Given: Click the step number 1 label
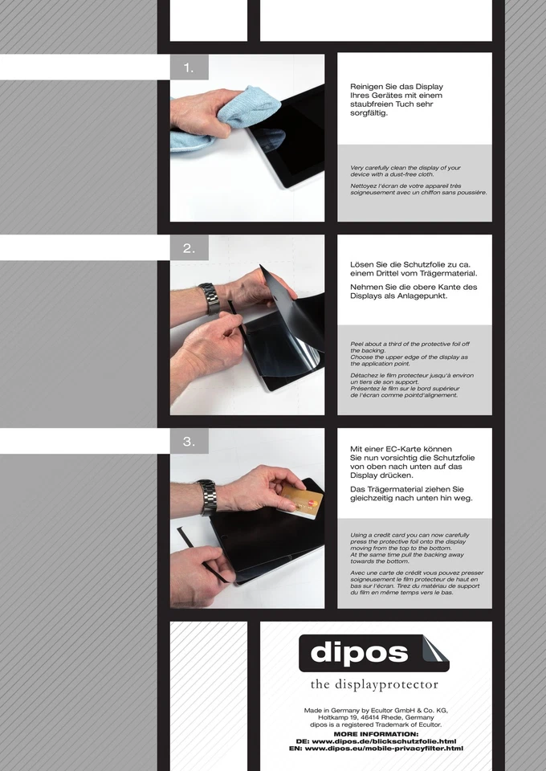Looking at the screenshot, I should [189, 68].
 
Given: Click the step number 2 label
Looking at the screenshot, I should [189, 249].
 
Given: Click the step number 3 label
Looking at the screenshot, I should [189, 442].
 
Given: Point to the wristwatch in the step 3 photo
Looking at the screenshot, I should [207, 496].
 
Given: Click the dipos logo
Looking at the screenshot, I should [374, 653].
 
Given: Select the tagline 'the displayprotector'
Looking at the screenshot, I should [374, 684].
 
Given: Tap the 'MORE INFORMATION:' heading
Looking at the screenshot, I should [376, 734].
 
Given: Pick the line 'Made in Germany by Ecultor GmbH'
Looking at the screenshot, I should [376, 711].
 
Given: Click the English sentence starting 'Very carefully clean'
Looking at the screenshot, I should [405, 171].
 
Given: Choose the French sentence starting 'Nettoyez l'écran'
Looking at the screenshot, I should [418, 189].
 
